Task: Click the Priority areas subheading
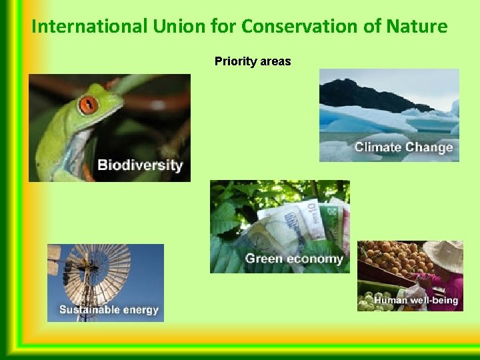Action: coord(253,61)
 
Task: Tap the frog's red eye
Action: coord(88,104)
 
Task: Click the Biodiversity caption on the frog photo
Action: coord(139,165)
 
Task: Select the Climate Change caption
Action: coord(403,147)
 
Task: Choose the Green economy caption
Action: coord(294,258)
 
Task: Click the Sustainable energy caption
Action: coord(109,309)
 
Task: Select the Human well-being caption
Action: coord(416,300)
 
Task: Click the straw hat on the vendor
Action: coord(445,257)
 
